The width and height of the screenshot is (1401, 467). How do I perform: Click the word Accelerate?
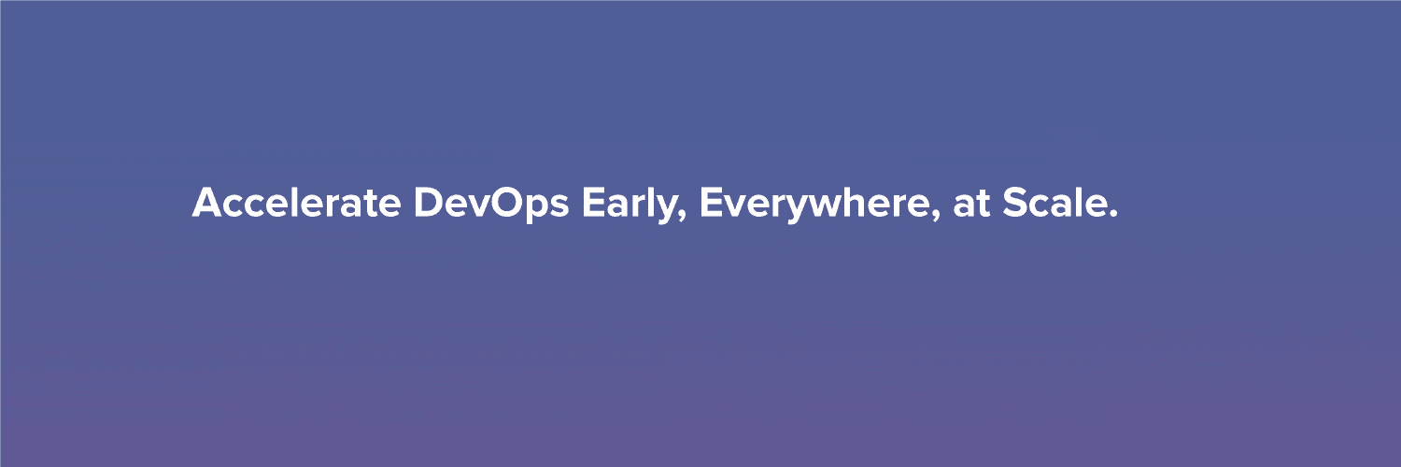point(296,202)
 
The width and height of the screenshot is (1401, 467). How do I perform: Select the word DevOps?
point(491,205)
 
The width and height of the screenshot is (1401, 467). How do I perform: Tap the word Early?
point(630,205)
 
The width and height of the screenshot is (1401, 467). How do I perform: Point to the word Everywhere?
point(815,205)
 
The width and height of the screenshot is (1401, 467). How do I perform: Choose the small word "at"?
point(972,204)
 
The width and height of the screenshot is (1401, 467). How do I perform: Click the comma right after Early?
point(683,217)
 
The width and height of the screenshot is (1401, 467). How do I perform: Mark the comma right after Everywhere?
point(936,217)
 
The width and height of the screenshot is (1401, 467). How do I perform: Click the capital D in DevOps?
point(429,202)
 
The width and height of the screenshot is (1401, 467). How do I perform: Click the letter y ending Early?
point(668,209)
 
